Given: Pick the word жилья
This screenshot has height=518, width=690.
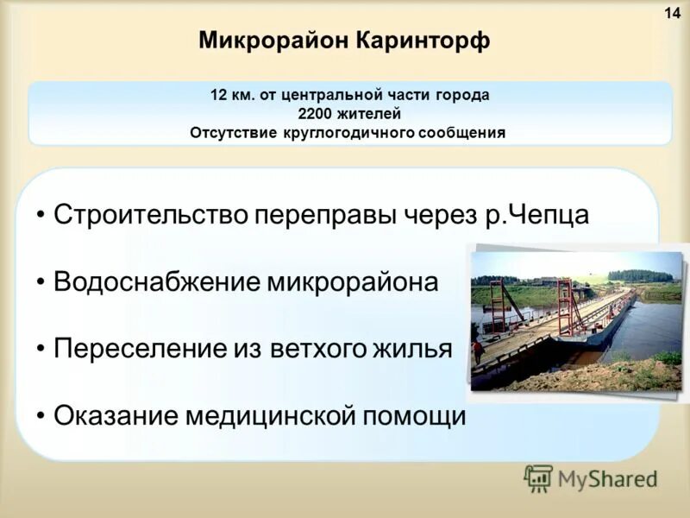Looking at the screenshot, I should point(417,349).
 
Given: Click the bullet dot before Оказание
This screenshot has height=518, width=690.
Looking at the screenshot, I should point(41,416).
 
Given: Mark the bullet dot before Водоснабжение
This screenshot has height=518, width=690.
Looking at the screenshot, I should point(41,282).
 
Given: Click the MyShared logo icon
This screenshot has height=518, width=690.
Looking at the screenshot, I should point(538,478).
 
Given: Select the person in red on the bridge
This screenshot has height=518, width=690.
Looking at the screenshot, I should point(477,350).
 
